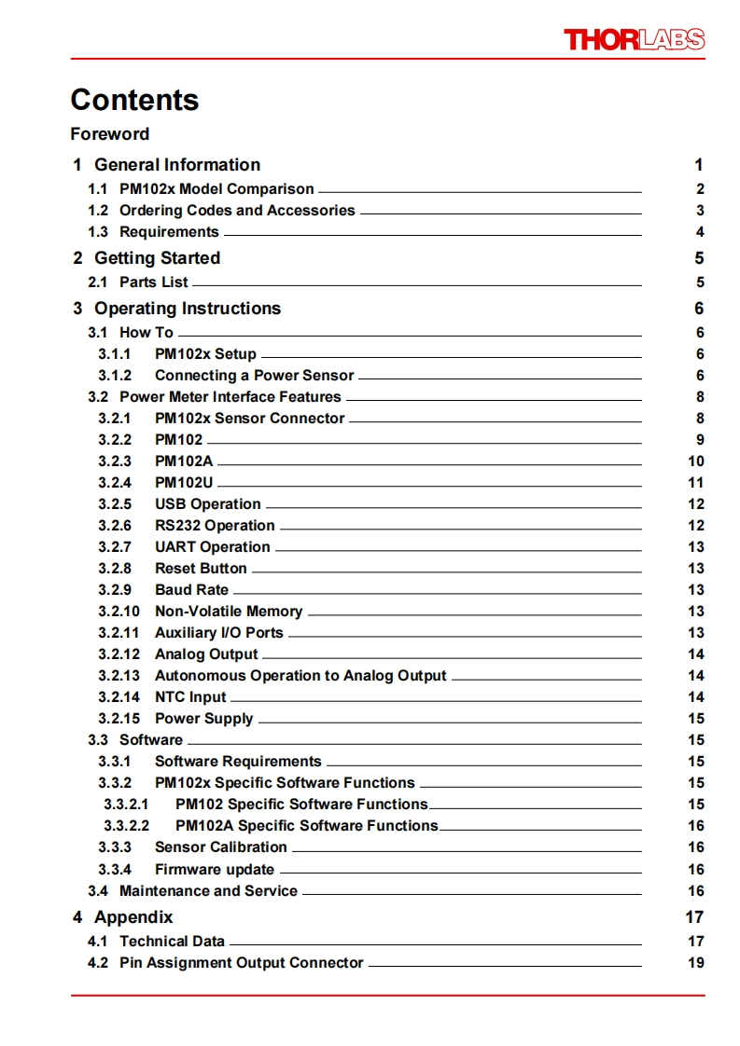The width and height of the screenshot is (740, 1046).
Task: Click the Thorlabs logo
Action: click(x=634, y=39)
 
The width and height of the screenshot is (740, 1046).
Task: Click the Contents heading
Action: click(x=134, y=100)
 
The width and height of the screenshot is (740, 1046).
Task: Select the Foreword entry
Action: click(x=109, y=134)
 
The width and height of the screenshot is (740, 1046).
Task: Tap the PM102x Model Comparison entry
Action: click(x=216, y=189)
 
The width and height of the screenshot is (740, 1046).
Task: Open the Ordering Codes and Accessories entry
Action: click(x=237, y=211)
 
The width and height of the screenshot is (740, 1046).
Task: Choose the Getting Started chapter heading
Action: click(x=157, y=258)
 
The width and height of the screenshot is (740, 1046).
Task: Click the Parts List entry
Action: click(x=153, y=282)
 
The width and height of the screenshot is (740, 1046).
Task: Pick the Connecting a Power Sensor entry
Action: click(x=254, y=376)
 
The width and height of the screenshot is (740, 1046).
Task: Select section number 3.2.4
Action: click(x=115, y=483)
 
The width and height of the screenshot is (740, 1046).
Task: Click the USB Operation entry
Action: click(x=207, y=504)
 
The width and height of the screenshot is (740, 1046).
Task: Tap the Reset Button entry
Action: click(x=201, y=569)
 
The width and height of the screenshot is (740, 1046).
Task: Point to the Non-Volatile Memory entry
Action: click(x=229, y=612)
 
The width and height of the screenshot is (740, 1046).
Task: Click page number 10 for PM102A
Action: click(x=695, y=461)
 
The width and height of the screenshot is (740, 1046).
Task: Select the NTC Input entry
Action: click(x=190, y=697)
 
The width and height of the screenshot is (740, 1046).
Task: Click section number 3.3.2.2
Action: click(x=126, y=826)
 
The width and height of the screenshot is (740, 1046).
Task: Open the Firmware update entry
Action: click(x=214, y=870)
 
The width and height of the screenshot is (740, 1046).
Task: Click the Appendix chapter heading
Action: click(x=133, y=917)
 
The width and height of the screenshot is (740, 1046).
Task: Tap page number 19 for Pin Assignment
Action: click(x=695, y=963)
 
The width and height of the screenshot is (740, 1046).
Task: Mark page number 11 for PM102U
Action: click(x=695, y=483)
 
